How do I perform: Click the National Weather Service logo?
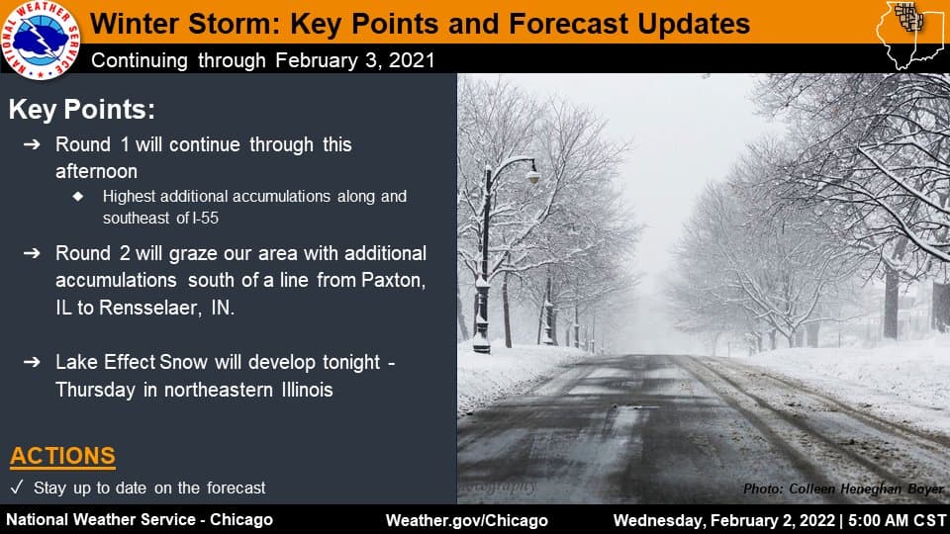pyautogui.click(x=41, y=40)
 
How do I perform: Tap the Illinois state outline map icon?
pyautogui.click(x=908, y=35)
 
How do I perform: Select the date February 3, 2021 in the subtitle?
pyautogui.click(x=355, y=60)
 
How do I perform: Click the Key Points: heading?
pyautogui.click(x=82, y=110)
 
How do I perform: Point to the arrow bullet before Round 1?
pyautogui.click(x=32, y=144)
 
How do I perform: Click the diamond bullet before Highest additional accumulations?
pyautogui.click(x=78, y=196)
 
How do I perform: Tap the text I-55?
pyautogui.click(x=205, y=218)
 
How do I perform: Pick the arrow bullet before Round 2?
pyautogui.click(x=32, y=253)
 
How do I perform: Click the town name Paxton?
pyautogui.click(x=393, y=280)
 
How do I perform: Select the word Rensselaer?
pyautogui.click(x=149, y=308)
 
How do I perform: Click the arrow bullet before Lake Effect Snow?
pyautogui.click(x=32, y=362)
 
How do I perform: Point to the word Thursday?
pyautogui.click(x=96, y=390)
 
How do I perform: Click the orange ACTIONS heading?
pyautogui.click(x=62, y=456)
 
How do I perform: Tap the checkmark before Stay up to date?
pyautogui.click(x=17, y=488)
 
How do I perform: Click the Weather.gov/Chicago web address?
pyautogui.click(x=466, y=521)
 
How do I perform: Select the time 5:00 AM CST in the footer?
pyautogui.click(x=898, y=521)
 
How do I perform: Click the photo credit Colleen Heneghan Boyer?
pyautogui.click(x=867, y=489)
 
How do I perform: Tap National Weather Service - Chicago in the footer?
pyautogui.click(x=140, y=520)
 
